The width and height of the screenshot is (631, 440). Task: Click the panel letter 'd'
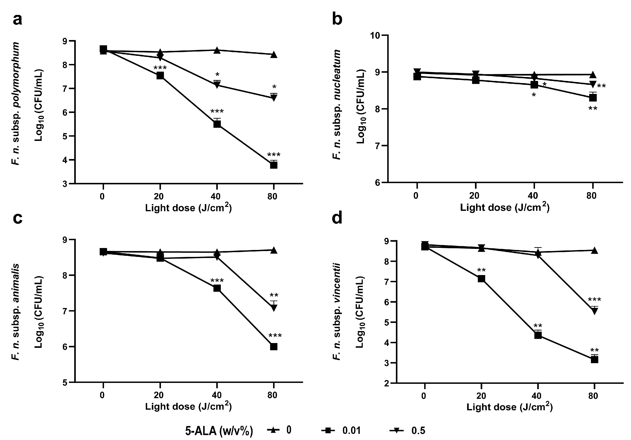337,219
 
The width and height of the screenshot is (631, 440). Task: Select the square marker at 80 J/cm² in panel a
273,165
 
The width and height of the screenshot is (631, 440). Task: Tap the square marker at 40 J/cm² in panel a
217,124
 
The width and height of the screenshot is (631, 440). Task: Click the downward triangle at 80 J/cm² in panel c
274,308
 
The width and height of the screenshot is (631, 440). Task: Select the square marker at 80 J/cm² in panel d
594,359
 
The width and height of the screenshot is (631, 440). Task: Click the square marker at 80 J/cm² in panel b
593,97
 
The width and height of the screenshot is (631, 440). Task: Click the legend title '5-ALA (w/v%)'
219,431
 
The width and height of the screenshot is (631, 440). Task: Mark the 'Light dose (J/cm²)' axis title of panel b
505,207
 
